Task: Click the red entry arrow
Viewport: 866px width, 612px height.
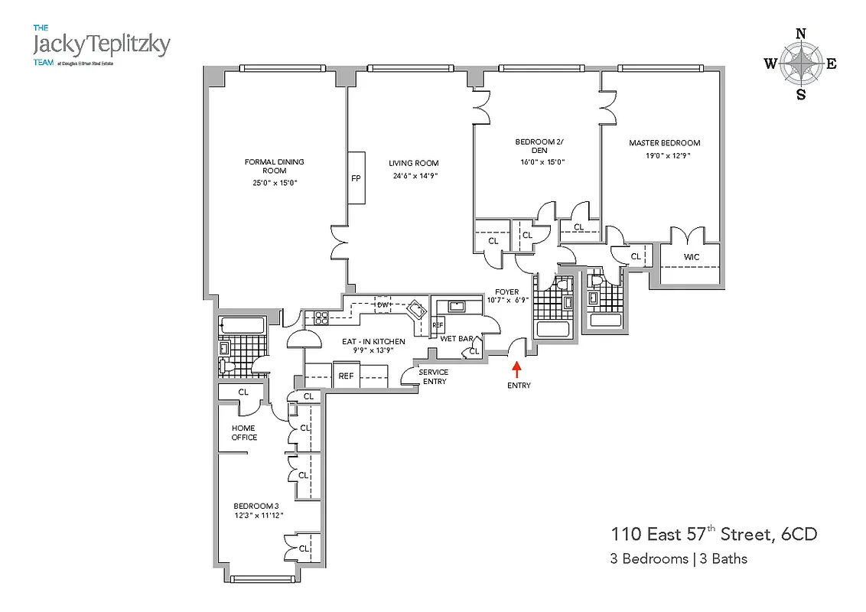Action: [x=517, y=369]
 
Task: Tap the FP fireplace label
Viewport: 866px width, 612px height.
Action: [x=356, y=178]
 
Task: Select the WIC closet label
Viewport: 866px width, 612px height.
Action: [x=691, y=256]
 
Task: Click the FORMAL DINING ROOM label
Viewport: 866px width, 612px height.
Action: [x=274, y=166]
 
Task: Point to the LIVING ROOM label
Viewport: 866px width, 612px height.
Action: [x=413, y=163]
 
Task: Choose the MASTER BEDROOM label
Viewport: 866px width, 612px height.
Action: [x=664, y=143]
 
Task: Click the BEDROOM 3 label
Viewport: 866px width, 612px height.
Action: [x=258, y=506]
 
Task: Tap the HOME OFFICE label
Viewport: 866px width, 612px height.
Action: [x=245, y=433]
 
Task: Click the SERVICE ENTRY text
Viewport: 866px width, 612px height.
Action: [x=434, y=377]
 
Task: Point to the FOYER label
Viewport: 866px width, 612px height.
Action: [x=506, y=291]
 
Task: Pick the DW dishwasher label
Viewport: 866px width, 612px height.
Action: [x=383, y=305]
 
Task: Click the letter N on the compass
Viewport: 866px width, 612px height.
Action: [x=801, y=33]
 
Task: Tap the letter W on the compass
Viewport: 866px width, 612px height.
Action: [x=770, y=64]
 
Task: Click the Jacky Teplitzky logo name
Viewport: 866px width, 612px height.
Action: [x=101, y=44]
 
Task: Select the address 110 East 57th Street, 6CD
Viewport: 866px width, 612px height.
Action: [x=712, y=534]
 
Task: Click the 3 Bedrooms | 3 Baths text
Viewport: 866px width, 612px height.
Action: [x=678, y=558]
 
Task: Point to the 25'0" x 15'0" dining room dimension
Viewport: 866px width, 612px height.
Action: [x=274, y=183]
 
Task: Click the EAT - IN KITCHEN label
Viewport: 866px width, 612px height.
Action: [x=373, y=341]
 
